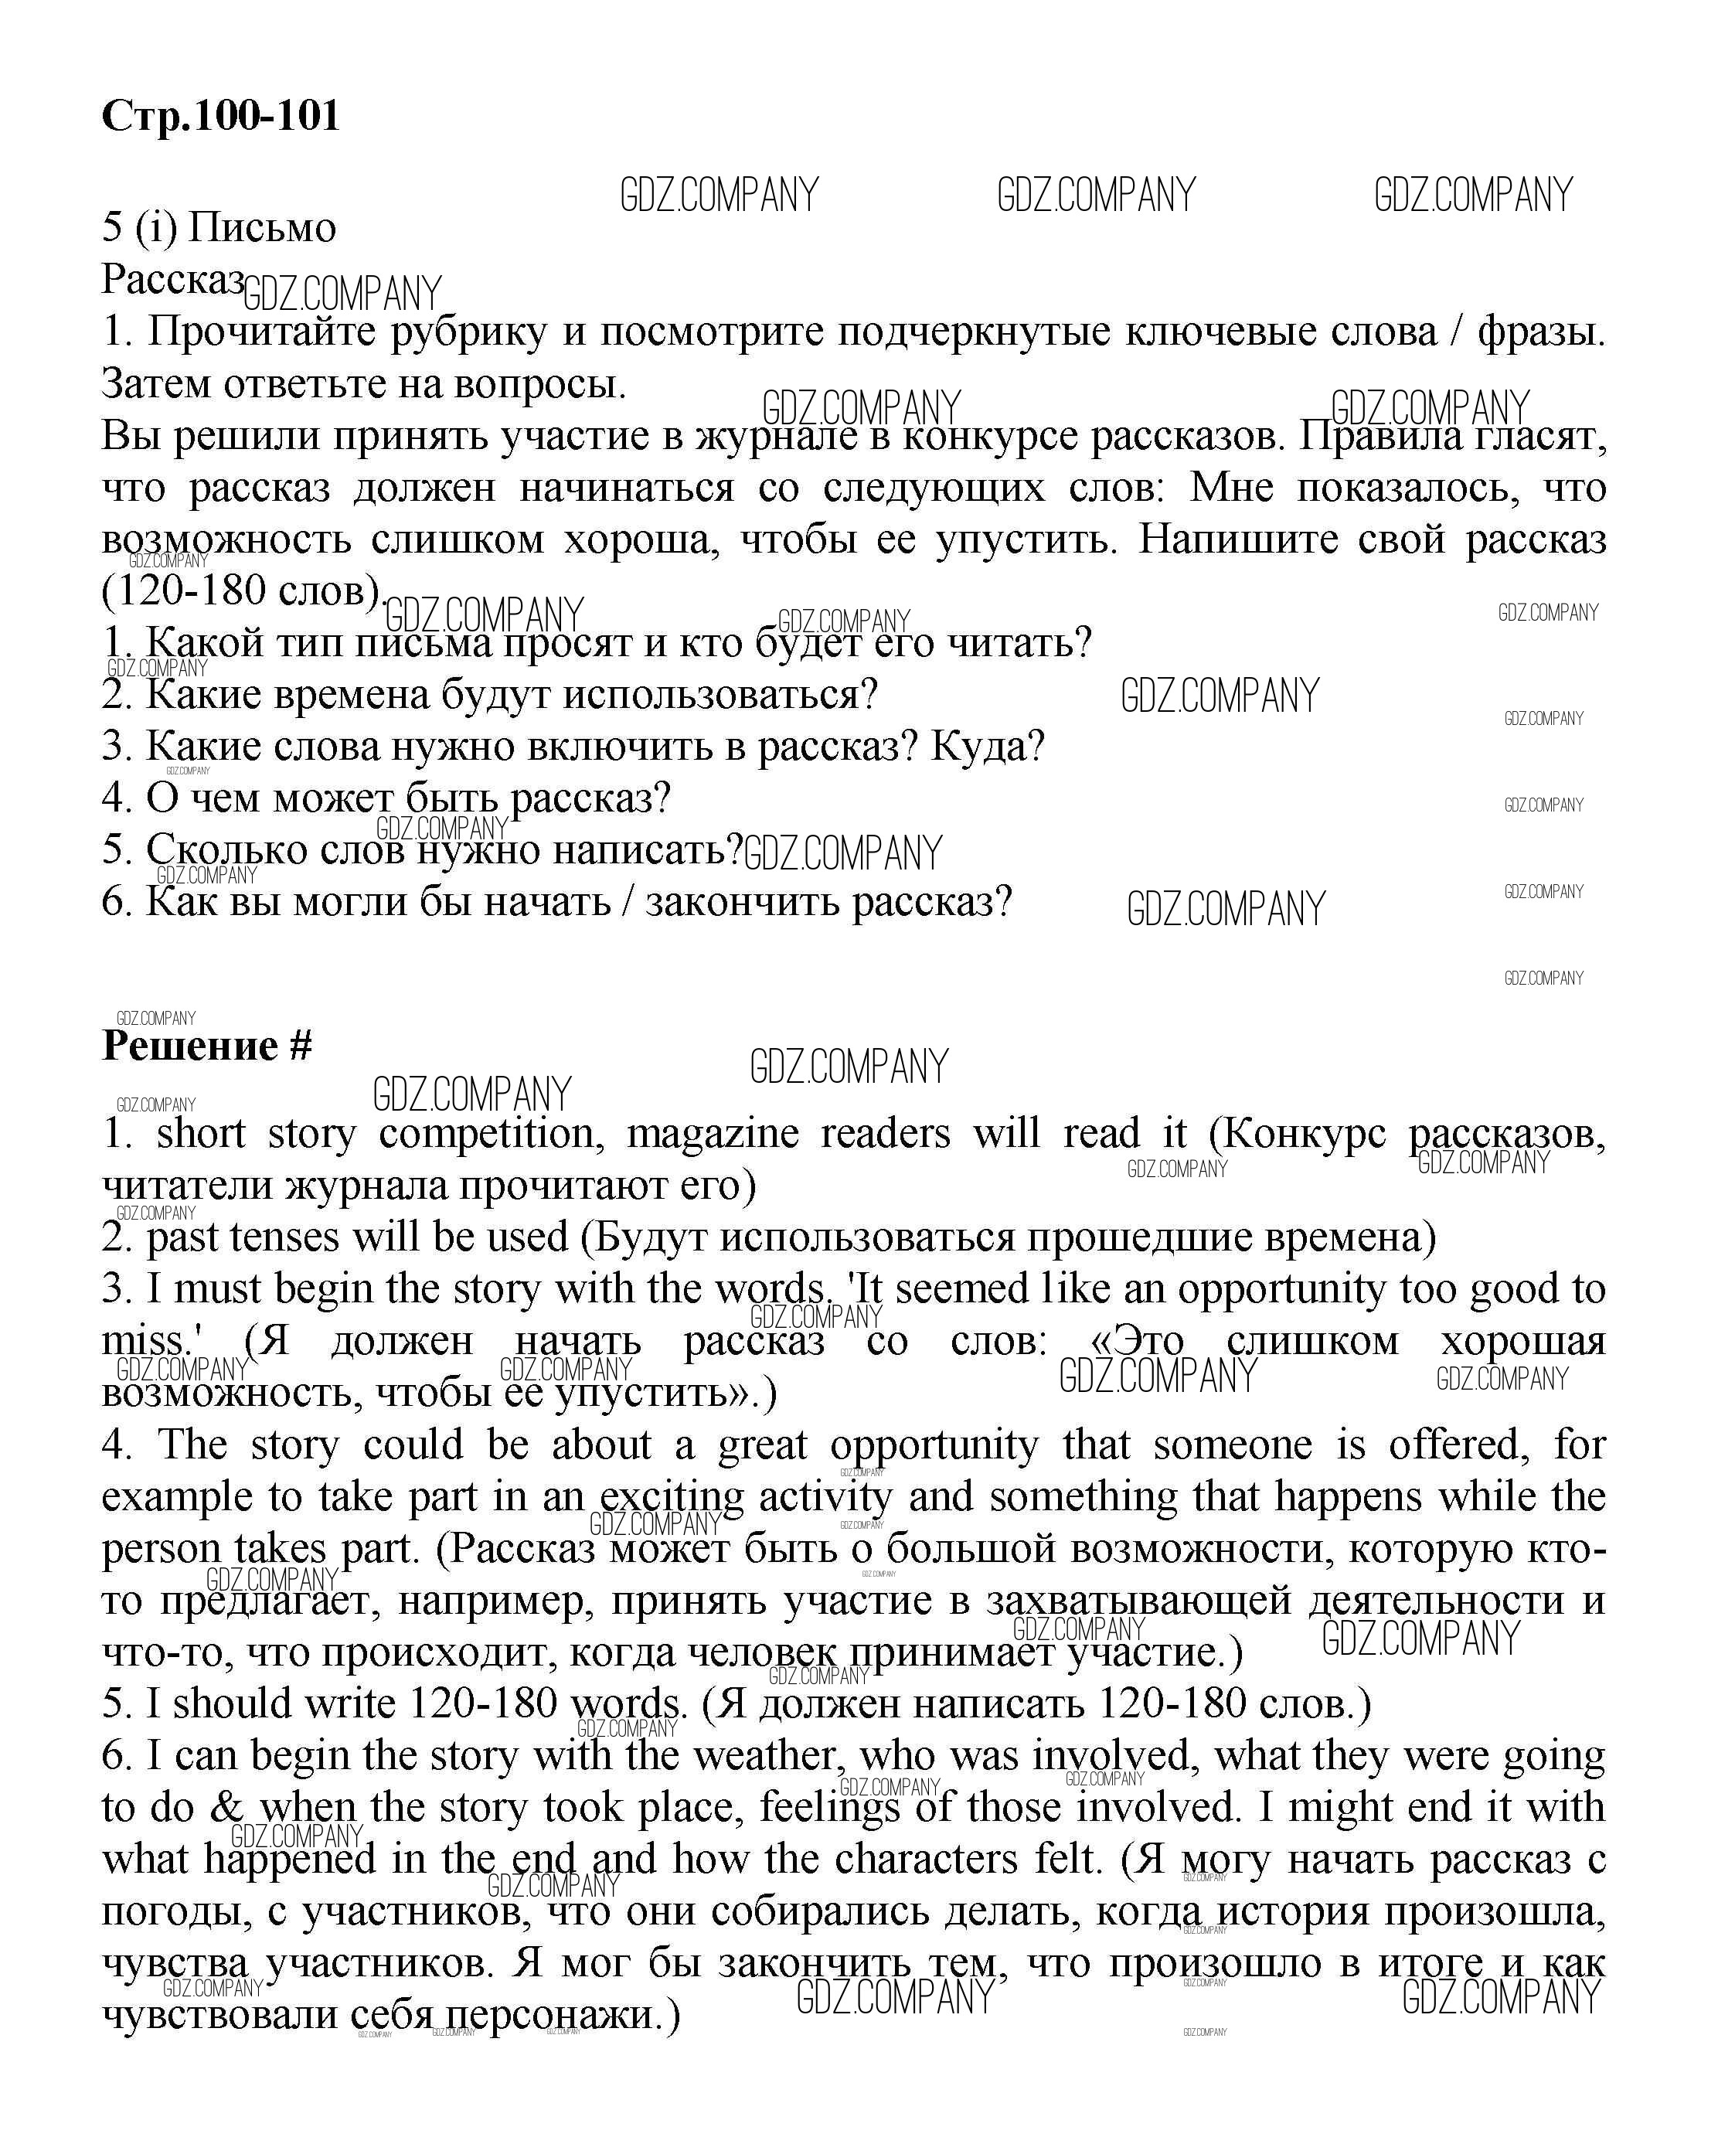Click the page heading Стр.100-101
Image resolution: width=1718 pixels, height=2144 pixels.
[221, 117]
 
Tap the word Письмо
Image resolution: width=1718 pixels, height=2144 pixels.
[263, 229]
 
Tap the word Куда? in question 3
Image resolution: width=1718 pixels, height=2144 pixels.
[987, 747]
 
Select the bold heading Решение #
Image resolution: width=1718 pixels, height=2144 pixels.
[207, 1046]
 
